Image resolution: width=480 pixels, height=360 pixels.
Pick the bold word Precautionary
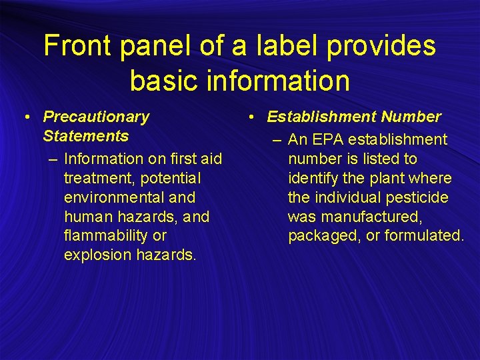coord(96,117)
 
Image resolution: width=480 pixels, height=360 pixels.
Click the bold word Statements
coord(85,136)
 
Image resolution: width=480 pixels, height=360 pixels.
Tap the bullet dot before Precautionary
coord(25,117)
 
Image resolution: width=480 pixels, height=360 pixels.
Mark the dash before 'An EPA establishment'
coord(276,139)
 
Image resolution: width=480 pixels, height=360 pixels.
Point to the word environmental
coord(107,197)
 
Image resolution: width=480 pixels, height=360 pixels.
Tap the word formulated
coord(428,236)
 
